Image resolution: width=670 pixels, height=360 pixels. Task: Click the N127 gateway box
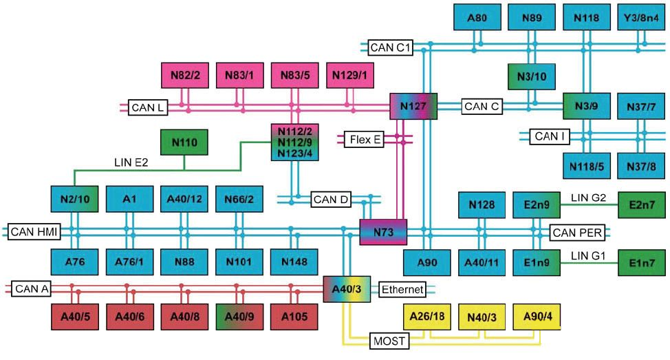click(x=413, y=106)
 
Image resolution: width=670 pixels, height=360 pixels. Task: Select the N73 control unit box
click(x=383, y=232)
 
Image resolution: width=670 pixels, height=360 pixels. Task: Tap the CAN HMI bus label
click(x=34, y=232)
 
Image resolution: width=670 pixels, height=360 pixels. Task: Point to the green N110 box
click(x=184, y=142)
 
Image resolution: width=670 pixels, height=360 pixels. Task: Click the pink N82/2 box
click(x=185, y=75)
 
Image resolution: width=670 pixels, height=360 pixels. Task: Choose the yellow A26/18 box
click(x=427, y=317)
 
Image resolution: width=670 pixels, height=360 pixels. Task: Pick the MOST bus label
click(x=389, y=341)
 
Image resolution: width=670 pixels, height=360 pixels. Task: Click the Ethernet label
click(x=402, y=290)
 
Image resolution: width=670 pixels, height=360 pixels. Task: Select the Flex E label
click(x=364, y=139)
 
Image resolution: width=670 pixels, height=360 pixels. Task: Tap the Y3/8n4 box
click(x=641, y=17)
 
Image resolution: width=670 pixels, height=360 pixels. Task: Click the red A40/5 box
click(x=75, y=317)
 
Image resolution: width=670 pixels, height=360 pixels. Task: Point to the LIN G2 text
click(x=588, y=198)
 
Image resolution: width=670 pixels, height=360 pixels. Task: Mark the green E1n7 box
click(x=641, y=262)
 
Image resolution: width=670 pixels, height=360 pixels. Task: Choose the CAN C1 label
click(x=390, y=47)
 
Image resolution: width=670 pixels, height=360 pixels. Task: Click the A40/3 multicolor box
click(x=347, y=289)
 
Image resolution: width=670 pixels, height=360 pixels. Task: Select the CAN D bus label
click(x=330, y=200)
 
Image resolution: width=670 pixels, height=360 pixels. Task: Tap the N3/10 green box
click(x=532, y=76)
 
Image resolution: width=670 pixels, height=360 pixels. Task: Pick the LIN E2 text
click(x=131, y=162)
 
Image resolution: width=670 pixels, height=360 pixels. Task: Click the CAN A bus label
click(x=31, y=289)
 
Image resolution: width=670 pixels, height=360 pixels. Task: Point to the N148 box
click(x=294, y=262)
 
